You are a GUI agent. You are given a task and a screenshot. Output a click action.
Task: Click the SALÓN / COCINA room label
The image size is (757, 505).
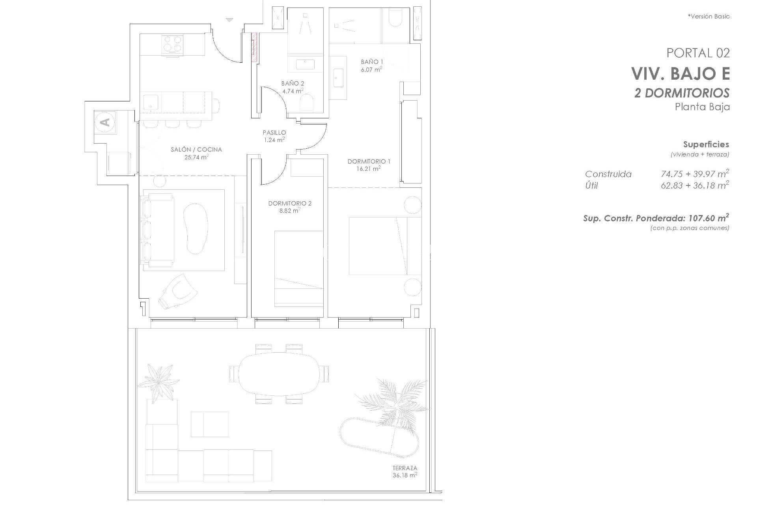pos(196,150)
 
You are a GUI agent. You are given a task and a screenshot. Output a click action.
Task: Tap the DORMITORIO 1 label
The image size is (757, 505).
pos(369,161)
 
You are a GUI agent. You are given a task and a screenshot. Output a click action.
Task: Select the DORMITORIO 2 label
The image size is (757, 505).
pos(290,204)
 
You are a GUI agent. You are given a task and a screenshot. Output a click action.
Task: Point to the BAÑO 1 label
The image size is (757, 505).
pos(372,62)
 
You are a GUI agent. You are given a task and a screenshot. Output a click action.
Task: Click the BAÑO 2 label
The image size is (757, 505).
pos(293,84)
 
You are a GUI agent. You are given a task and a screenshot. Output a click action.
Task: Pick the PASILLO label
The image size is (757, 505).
pos(274,133)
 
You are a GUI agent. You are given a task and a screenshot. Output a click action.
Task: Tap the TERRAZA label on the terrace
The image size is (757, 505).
pos(405,468)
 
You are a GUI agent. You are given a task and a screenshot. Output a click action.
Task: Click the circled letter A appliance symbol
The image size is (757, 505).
pos(105,122)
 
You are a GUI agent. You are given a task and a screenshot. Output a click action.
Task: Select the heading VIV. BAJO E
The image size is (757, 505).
pos(680,73)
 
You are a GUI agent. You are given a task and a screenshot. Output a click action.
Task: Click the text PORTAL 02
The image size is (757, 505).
pos(698,53)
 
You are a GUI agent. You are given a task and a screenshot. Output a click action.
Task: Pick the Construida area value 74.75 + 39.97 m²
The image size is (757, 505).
pos(695,174)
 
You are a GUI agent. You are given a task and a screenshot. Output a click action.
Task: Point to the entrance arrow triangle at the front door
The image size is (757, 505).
pos(229,20)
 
